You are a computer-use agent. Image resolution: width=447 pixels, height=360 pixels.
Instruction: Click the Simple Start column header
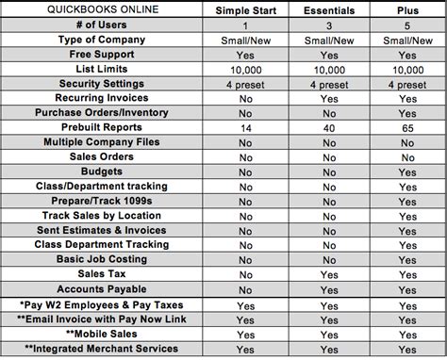pyautogui.click(x=245, y=10)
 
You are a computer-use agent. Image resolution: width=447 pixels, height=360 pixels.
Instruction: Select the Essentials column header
pyautogui.click(x=330, y=10)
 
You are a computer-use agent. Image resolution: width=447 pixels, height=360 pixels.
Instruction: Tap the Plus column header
pyautogui.click(x=406, y=10)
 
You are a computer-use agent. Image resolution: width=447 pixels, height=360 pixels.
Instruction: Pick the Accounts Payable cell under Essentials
pyautogui.click(x=330, y=288)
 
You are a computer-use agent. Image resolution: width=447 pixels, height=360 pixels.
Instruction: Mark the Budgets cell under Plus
pyautogui.click(x=407, y=173)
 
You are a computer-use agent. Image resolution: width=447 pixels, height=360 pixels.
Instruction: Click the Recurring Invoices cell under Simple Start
pyautogui.click(x=246, y=98)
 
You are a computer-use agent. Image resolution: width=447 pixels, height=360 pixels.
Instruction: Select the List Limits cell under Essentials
pyautogui.click(x=330, y=69)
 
